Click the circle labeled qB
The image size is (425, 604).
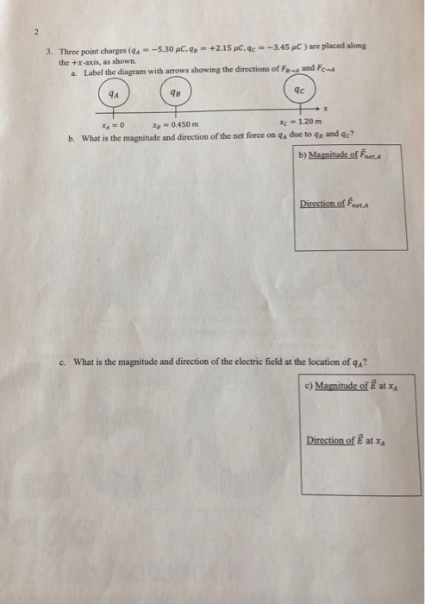(161, 92)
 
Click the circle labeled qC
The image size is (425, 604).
(284, 90)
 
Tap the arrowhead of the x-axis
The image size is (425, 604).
(318, 108)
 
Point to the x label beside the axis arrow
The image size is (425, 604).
(325, 109)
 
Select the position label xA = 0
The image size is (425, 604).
(113, 126)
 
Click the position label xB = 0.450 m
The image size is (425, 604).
(176, 125)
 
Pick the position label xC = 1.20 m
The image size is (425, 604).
(301, 122)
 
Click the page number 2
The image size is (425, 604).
(36, 33)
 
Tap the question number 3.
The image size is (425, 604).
(49, 51)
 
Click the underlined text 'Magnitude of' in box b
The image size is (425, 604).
(334, 154)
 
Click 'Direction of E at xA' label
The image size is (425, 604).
(346, 440)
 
